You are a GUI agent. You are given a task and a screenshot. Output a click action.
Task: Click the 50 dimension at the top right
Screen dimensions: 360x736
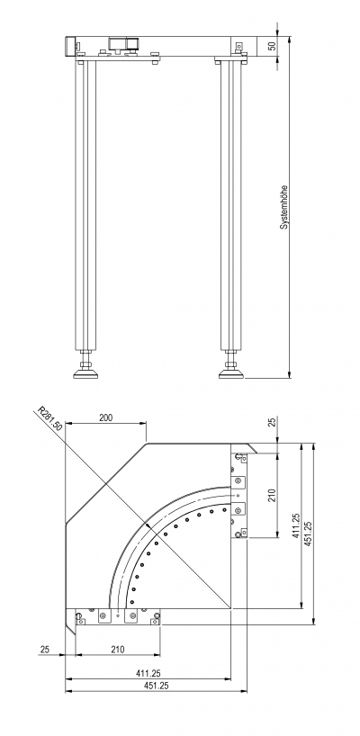tap(272, 46)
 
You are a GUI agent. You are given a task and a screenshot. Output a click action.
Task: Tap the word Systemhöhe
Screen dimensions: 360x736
tap(284, 207)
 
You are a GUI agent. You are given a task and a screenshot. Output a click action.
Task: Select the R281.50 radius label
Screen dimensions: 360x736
tap(50, 419)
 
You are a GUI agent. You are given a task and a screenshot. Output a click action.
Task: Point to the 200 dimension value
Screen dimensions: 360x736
tap(106, 417)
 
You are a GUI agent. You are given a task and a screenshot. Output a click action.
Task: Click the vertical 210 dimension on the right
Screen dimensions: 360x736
tap(272, 495)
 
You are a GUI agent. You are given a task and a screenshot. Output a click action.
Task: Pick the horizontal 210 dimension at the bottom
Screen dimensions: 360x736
tap(117, 650)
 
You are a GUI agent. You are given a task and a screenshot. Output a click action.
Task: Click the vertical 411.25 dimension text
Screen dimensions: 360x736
tap(297, 525)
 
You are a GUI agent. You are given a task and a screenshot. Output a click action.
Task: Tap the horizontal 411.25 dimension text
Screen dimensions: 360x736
tap(148, 674)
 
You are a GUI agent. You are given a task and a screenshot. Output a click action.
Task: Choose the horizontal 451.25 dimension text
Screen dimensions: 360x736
tap(156, 686)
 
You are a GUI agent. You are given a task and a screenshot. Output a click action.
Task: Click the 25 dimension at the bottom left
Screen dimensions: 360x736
tap(45, 650)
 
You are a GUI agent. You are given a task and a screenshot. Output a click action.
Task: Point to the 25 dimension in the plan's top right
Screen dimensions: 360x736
tap(272, 423)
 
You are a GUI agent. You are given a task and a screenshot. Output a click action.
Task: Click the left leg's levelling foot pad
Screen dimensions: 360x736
tap(85, 374)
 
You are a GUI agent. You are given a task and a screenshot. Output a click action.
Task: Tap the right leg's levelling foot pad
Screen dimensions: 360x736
tap(231, 374)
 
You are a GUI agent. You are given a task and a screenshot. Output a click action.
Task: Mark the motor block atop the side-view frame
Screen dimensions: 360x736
tap(124, 44)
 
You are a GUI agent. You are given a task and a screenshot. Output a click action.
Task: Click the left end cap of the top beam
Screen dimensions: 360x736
tap(70, 46)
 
